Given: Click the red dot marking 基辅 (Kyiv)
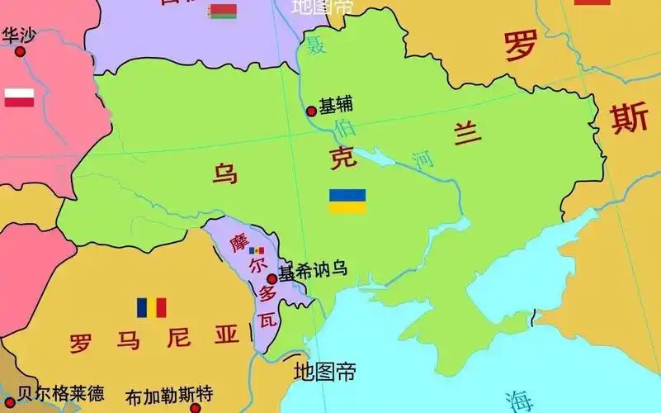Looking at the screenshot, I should point(311,111).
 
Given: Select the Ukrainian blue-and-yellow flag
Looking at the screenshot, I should point(347,201).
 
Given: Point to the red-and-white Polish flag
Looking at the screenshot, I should point(19,97).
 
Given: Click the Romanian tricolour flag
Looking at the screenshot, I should point(152,307).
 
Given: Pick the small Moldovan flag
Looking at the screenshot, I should point(257,250).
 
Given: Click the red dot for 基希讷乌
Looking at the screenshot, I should point(272,278).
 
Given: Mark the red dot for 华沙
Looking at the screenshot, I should point(21,51).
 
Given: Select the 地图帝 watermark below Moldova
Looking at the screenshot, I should point(325,372).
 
